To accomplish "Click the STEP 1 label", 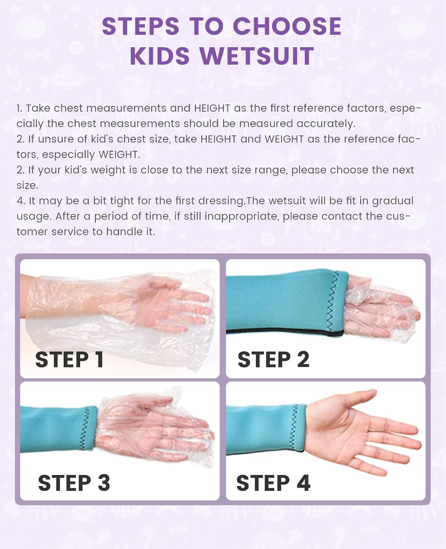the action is (70, 360).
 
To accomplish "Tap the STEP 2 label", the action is (273, 360).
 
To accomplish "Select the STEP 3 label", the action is (74, 483).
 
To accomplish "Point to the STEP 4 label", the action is (273, 483).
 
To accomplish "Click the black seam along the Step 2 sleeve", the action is (285, 332).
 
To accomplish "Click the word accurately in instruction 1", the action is (326, 124).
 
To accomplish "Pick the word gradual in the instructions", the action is (393, 201).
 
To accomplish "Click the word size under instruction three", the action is (27, 186).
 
